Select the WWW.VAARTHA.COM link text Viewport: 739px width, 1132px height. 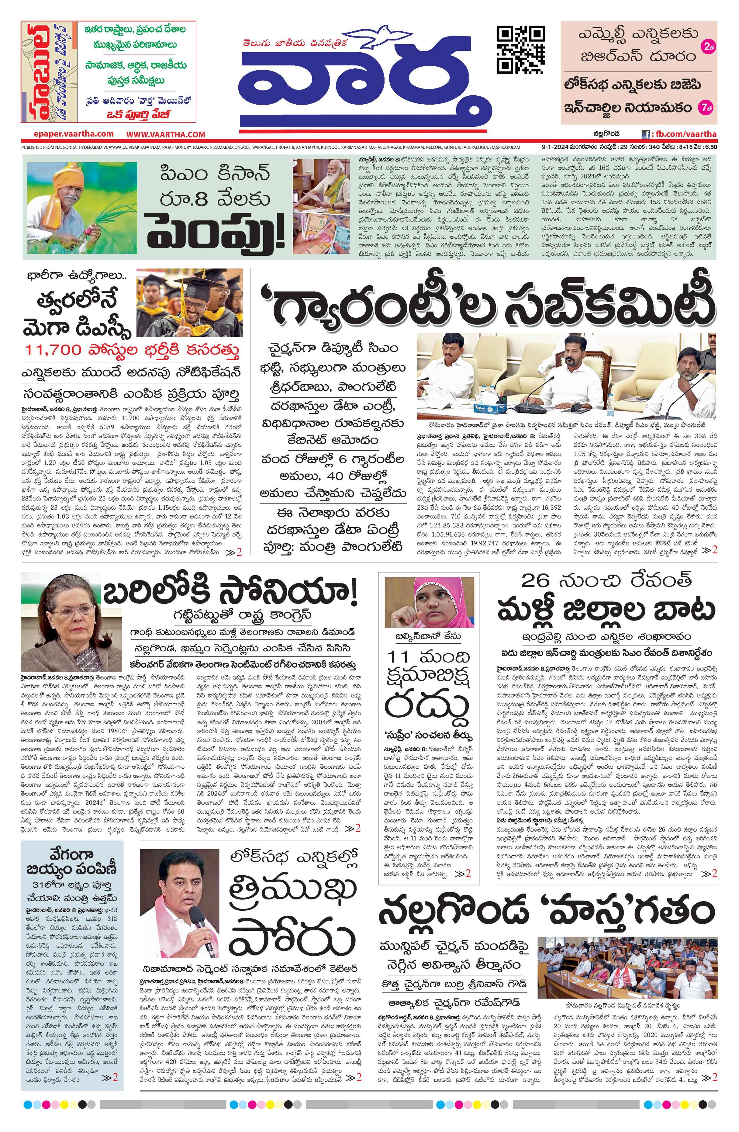tap(166, 135)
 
